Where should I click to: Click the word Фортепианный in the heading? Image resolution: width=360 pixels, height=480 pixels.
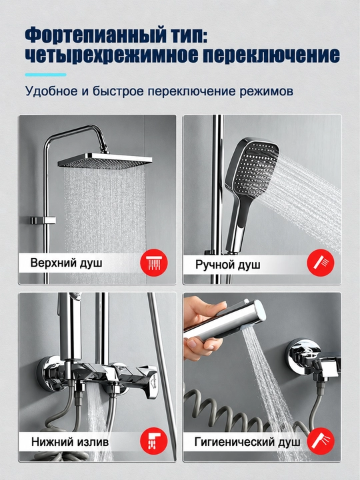click(x=94, y=37)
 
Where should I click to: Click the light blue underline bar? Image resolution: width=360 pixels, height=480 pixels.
click(x=45, y=75)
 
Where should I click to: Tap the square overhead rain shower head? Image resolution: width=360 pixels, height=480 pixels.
click(x=105, y=160)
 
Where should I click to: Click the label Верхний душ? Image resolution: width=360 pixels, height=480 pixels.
click(x=66, y=263)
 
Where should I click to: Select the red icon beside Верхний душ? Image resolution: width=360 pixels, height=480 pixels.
click(x=154, y=263)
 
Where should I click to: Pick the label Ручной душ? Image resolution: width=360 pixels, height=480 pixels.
click(x=228, y=264)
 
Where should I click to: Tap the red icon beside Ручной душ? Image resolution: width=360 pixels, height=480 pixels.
click(x=321, y=263)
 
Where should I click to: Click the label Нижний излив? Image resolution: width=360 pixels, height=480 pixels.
click(x=70, y=442)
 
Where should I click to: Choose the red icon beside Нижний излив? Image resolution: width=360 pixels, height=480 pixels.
click(x=154, y=441)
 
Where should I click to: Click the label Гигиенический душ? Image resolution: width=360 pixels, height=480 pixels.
click(x=247, y=442)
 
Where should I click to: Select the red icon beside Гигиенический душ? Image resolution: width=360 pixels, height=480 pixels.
click(x=321, y=441)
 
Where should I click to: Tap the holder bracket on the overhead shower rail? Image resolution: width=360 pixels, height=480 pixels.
click(x=43, y=221)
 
